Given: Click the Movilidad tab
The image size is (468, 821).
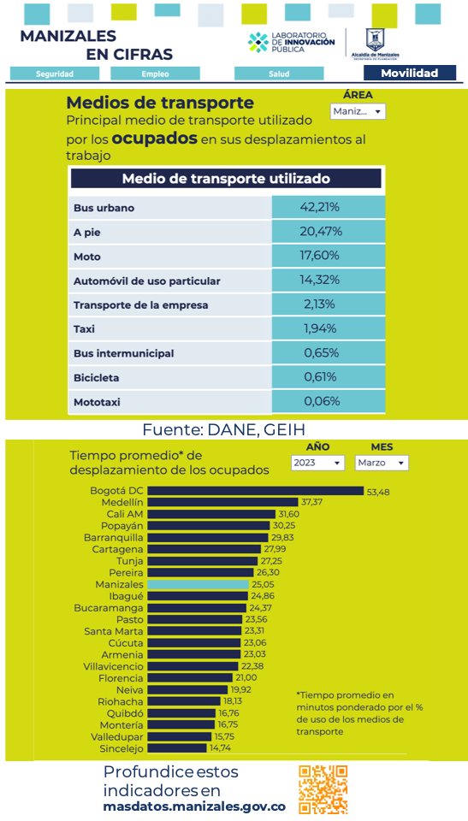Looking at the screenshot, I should [x=408, y=74].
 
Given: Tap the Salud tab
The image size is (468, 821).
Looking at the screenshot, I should [x=279, y=74].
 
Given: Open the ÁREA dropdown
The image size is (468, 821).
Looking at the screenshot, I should [x=357, y=111].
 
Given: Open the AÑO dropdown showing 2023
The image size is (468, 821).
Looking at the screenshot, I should [x=317, y=463].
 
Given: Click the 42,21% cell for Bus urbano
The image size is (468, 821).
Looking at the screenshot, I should [x=328, y=207].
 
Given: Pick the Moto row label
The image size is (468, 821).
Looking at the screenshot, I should [x=86, y=256].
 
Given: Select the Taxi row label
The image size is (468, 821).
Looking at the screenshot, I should [x=85, y=328].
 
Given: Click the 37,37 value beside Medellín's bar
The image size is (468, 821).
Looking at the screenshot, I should [x=311, y=502].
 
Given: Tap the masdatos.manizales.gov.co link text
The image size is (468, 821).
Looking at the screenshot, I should [x=193, y=806].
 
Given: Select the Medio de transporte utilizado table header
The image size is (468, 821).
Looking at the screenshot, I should [x=226, y=179].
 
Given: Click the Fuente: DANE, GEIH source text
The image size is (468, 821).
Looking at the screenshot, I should [x=223, y=429].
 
